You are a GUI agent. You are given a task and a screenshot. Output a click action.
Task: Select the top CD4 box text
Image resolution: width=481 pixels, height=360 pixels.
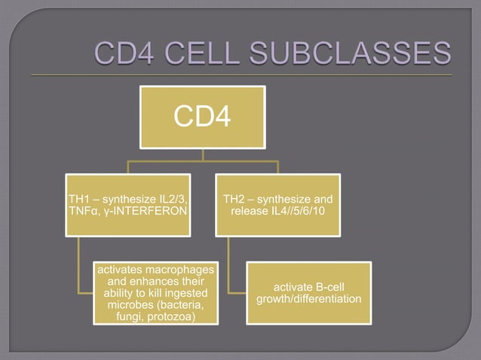pyautogui.click(x=201, y=117)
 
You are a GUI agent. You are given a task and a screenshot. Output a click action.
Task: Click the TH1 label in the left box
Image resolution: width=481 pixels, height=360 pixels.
pyautogui.click(x=79, y=200)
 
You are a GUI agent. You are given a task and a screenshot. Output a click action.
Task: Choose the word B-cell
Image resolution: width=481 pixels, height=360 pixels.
pyautogui.click(x=329, y=288)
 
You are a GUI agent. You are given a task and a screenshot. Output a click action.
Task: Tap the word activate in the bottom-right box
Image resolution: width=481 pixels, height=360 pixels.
pyautogui.click(x=293, y=288)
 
